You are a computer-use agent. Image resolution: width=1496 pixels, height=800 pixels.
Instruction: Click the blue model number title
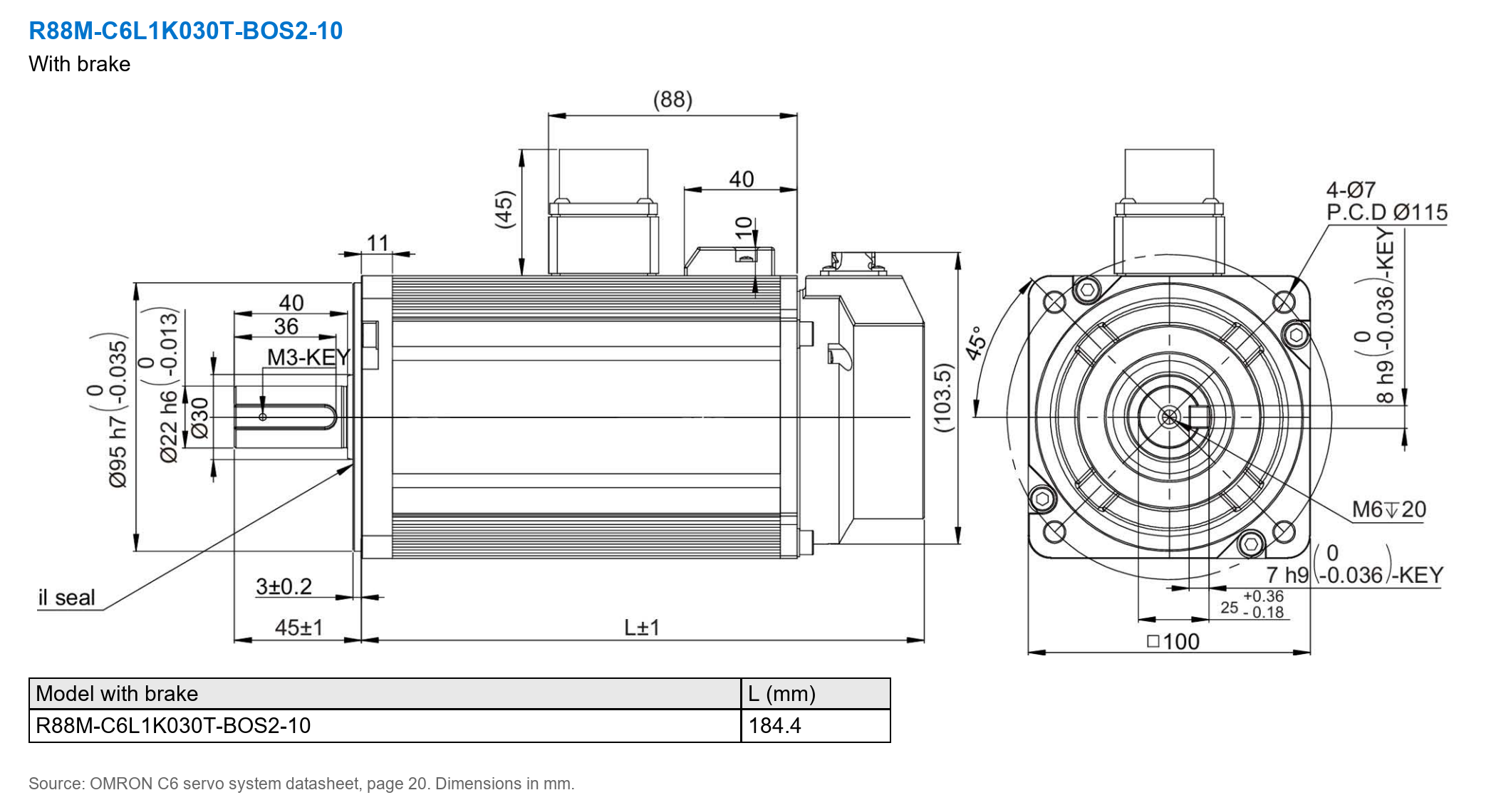tap(185, 31)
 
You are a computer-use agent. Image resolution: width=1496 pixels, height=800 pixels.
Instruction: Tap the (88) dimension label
tap(672, 99)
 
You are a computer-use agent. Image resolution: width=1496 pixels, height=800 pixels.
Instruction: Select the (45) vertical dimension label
tap(504, 209)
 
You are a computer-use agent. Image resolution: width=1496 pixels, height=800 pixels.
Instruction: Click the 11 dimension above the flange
tap(378, 243)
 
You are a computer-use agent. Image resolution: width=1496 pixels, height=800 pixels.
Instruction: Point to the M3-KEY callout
tap(308, 357)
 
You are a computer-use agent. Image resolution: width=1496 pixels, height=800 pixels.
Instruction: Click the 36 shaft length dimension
tap(286, 326)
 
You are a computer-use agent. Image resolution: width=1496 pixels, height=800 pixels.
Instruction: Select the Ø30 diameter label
tap(200, 417)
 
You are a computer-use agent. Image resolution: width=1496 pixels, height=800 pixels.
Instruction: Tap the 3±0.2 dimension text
tap(284, 586)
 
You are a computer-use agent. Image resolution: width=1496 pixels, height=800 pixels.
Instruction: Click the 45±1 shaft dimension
tap(298, 628)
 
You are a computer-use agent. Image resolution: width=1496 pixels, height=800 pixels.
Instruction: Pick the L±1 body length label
tap(642, 628)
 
